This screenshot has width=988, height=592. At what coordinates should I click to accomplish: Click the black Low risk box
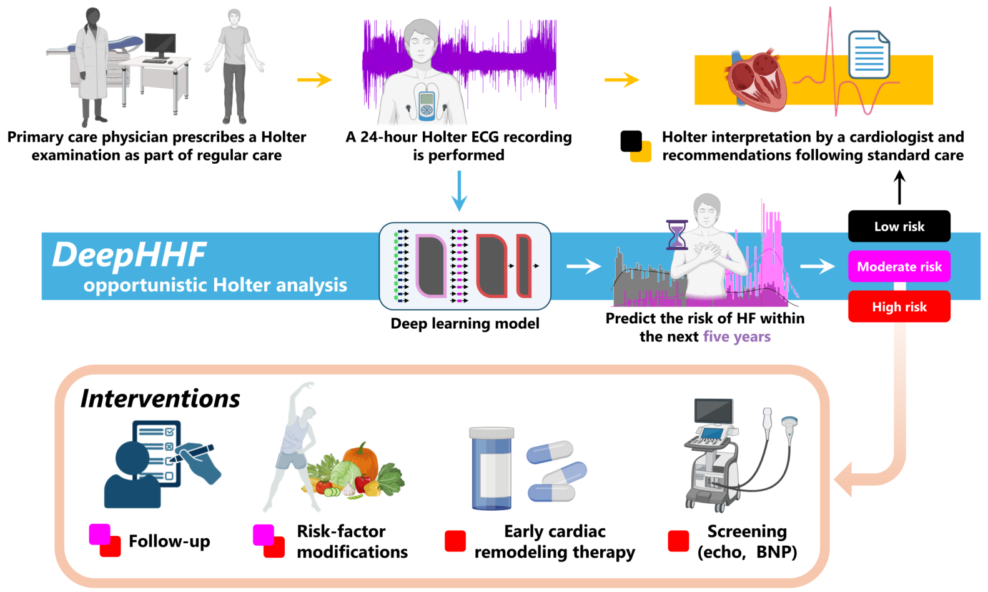coord(899,226)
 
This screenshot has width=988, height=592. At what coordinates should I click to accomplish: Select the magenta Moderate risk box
coord(899,267)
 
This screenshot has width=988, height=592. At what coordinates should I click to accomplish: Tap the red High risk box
coord(899,307)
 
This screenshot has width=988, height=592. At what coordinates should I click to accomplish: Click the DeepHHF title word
coord(129,255)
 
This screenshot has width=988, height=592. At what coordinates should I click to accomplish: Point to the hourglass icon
coord(676,234)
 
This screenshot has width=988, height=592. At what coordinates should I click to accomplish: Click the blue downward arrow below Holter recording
coord(459,191)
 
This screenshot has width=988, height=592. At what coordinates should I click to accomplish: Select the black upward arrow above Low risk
coord(899,187)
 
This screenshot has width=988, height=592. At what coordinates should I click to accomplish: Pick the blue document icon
coord(869,54)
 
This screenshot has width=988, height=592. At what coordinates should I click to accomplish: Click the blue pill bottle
coord(492,469)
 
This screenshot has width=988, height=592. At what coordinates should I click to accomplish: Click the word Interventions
coord(161,399)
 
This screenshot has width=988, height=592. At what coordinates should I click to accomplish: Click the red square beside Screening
coord(678,541)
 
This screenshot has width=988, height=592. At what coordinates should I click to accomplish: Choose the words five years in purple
coord(737,337)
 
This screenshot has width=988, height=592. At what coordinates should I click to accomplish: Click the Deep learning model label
coord(465,324)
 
